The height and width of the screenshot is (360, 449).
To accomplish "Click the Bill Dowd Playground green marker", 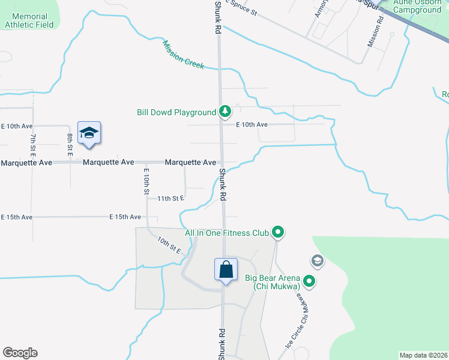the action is pyautogui.click(x=224, y=112).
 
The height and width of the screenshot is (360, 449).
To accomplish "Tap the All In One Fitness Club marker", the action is pyautogui.click(x=277, y=232).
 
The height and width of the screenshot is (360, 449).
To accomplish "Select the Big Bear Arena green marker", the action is pyautogui.click(x=309, y=281).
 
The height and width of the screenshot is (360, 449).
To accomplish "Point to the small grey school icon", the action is pyautogui.click(x=317, y=261).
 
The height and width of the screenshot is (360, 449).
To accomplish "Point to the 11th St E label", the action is pyautogui.click(x=171, y=198).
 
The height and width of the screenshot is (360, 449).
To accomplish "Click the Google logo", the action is pyautogui.click(x=20, y=353).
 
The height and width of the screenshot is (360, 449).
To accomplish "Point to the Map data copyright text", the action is pyautogui.click(x=423, y=355).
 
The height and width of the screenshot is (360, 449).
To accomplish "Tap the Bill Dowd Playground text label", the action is pyautogui.click(x=176, y=112).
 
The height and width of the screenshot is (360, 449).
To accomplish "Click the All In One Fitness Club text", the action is pyautogui.click(x=226, y=232).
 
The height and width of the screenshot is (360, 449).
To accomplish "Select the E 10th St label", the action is pyautogui.click(x=146, y=181).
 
